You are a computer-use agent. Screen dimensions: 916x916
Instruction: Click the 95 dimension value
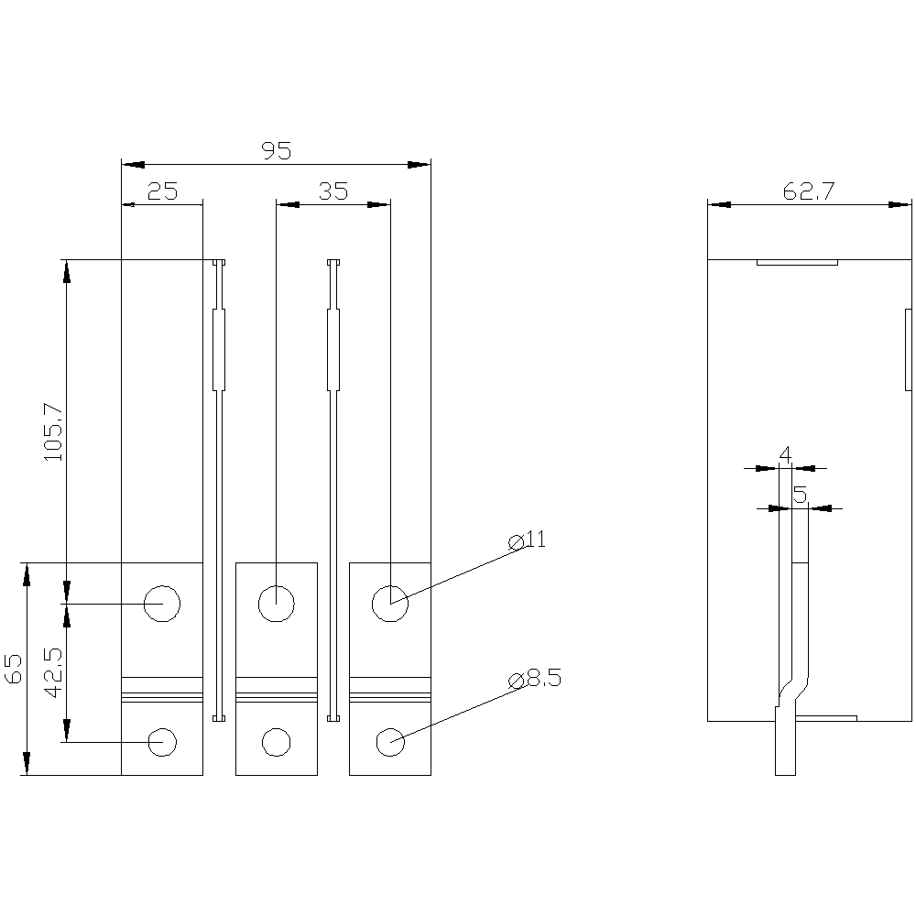click(276, 151)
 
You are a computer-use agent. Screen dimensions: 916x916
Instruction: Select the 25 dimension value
click(162, 191)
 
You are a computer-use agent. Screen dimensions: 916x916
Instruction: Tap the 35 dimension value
click(333, 191)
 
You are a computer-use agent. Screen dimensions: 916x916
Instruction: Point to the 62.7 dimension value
click(809, 191)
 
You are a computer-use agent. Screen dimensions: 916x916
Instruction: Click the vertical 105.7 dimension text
click(53, 431)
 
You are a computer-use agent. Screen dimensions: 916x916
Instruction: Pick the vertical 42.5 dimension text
click(53, 672)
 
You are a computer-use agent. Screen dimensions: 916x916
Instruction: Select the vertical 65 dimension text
click(13, 669)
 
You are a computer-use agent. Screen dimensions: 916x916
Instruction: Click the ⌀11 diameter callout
click(527, 540)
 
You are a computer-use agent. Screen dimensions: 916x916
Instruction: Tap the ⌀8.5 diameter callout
click(535, 679)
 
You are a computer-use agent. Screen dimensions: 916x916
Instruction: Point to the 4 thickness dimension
click(785, 454)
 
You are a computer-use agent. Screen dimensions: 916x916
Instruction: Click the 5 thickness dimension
click(801, 495)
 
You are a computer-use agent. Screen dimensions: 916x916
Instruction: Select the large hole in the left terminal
click(162, 604)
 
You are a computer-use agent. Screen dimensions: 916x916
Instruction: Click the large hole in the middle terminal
click(277, 604)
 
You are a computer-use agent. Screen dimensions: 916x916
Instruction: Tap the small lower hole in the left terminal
click(162, 743)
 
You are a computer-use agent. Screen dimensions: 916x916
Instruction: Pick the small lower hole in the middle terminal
click(277, 743)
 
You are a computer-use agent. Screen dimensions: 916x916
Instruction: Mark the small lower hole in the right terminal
click(390, 743)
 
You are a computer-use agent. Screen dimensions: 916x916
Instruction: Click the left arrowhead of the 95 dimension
click(133, 165)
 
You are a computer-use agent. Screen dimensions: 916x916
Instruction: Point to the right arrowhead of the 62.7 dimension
click(900, 204)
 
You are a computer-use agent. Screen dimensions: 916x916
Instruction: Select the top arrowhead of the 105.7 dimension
click(66, 271)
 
